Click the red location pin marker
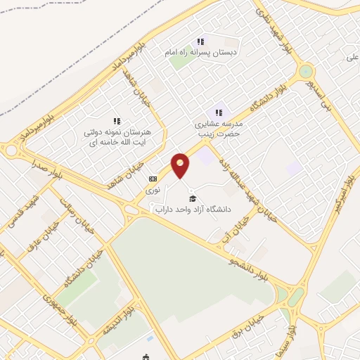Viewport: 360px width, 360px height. coord(181,165)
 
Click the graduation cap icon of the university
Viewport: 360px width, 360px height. coord(193,198)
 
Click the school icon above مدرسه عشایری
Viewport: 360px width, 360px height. coord(219,112)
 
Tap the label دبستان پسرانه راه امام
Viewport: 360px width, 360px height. coord(200,53)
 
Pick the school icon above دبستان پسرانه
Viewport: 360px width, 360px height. coord(200,41)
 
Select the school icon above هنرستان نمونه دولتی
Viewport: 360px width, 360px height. coord(117,121)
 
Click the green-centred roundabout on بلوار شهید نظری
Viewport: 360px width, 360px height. coord(305,72)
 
